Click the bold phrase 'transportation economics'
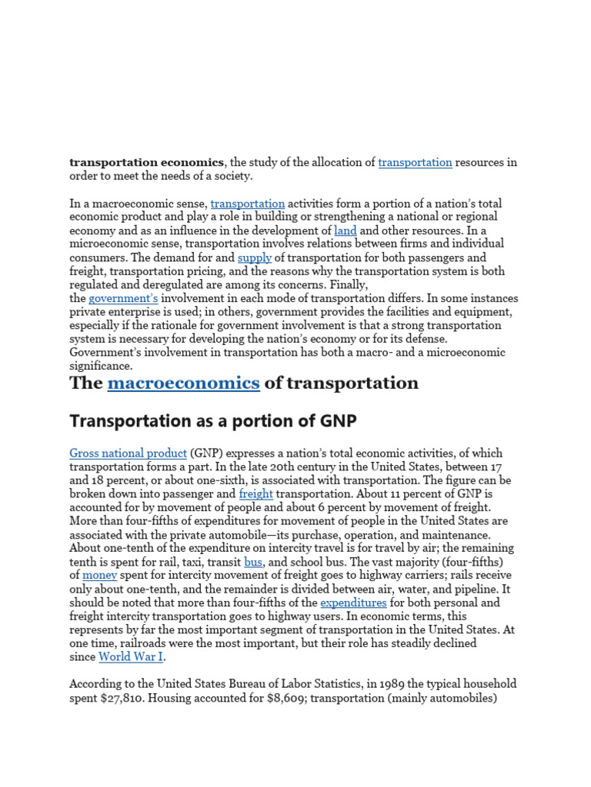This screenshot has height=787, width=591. tap(146, 162)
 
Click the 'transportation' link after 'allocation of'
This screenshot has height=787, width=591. tap(415, 162)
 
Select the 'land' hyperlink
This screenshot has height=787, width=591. tap(345, 231)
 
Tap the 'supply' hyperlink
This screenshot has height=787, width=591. tap(254, 257)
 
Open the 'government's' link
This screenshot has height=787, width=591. tap(123, 298)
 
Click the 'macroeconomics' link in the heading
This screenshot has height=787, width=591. tap(183, 383)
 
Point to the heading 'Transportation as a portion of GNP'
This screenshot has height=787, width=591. tap(213, 421)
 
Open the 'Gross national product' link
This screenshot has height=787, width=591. tap(128, 453)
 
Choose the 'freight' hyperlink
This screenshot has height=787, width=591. tap(255, 493)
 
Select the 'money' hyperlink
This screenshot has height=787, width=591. tap(99, 575)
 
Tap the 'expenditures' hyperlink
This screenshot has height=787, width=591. tap(353, 603)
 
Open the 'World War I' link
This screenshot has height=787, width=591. tap(131, 657)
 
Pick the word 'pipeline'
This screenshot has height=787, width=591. tap(465, 589)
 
